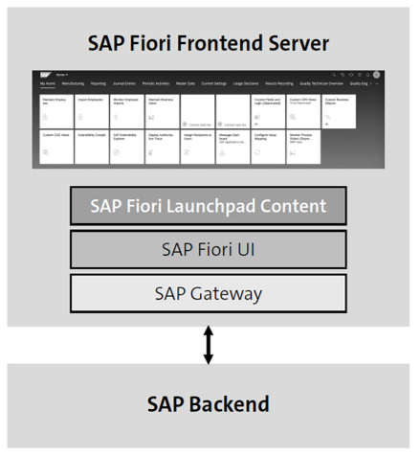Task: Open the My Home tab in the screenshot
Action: [47, 84]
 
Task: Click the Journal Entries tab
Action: [125, 84]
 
